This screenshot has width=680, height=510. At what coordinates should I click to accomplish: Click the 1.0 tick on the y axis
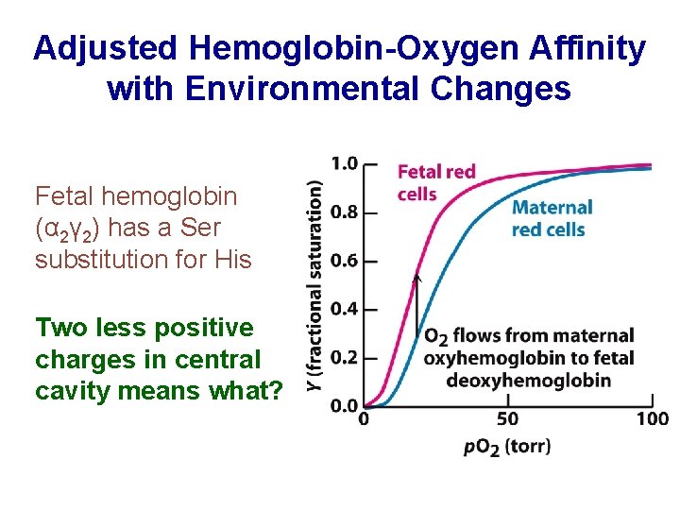click(x=344, y=163)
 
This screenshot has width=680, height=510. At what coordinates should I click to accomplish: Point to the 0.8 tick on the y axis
click(x=344, y=212)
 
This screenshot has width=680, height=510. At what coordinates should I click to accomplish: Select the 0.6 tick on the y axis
click(x=344, y=261)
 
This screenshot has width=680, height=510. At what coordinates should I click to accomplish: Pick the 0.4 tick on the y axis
click(x=344, y=310)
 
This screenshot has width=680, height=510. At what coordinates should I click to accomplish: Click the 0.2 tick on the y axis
click(x=344, y=358)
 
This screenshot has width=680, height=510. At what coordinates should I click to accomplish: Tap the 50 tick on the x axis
click(x=508, y=418)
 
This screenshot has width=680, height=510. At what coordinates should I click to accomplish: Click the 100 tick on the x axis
click(x=652, y=418)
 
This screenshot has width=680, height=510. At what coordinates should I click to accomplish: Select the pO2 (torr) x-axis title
click(x=507, y=446)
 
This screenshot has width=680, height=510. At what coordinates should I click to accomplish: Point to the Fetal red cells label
click(x=434, y=182)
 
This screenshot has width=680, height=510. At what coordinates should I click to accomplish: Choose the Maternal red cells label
click(x=552, y=218)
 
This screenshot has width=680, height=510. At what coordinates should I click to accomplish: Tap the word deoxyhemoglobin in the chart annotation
click(x=530, y=381)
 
